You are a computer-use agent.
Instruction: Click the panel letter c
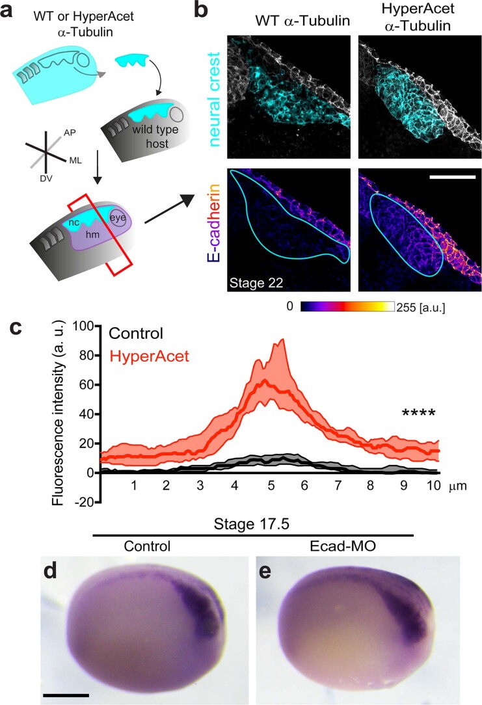(x=16, y=328)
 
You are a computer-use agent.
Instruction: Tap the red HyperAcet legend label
(x=149, y=356)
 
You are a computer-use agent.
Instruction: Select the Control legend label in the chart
(x=136, y=333)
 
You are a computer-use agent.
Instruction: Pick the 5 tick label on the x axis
(x=271, y=486)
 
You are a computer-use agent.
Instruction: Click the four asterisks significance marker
(x=419, y=413)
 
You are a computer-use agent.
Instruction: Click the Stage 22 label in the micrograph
(x=256, y=283)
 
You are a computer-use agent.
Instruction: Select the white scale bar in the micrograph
(x=452, y=177)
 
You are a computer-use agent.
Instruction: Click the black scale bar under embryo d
(x=66, y=695)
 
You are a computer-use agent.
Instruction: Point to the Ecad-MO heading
(x=343, y=546)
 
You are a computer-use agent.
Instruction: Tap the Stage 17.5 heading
(x=251, y=524)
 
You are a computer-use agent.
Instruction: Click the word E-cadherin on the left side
(x=214, y=224)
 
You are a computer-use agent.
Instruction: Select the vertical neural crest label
(x=214, y=99)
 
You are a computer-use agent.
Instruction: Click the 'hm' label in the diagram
(x=92, y=234)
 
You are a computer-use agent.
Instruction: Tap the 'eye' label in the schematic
(x=118, y=218)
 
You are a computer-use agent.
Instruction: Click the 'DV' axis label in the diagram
(x=46, y=178)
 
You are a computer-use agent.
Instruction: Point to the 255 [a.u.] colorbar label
(x=421, y=308)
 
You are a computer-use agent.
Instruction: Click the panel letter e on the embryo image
(x=265, y=572)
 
